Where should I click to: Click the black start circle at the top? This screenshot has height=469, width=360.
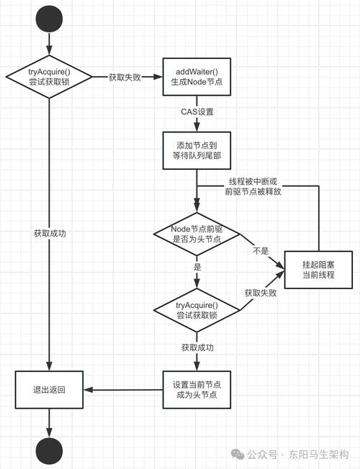48,17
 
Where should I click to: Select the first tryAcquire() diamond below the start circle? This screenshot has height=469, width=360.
48,76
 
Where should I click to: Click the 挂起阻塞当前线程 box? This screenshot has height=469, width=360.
318,271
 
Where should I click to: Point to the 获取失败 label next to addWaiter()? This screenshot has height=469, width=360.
127,76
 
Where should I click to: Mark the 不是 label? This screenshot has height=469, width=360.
261,252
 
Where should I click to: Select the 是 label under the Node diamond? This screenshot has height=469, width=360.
197,266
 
